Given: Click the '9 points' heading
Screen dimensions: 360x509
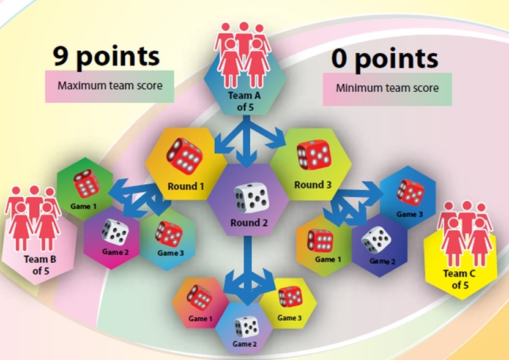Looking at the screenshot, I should (106, 56).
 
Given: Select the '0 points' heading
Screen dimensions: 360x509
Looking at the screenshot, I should (385, 59).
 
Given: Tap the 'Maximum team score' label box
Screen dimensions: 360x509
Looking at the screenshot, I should (110, 86).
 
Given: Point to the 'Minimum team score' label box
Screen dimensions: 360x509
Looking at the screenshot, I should (387, 88).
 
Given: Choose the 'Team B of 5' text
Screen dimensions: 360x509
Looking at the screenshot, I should (40, 264).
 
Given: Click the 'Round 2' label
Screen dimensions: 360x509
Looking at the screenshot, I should (249, 223).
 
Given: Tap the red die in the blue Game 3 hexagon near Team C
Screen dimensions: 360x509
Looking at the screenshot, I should (409, 191).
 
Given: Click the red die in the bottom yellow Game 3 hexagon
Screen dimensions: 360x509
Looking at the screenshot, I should (289, 297).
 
